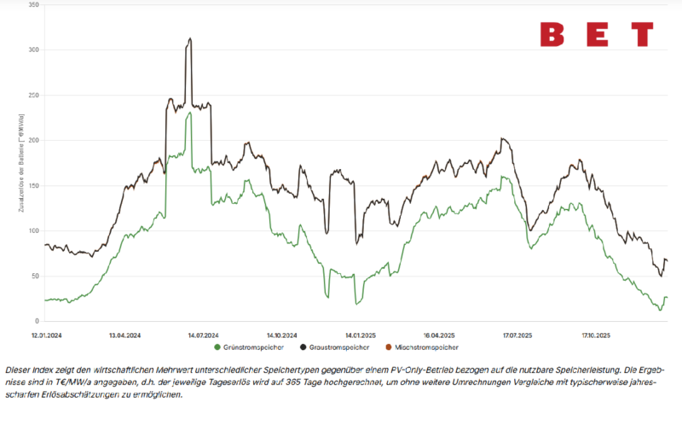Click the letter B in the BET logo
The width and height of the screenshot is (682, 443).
[552, 35]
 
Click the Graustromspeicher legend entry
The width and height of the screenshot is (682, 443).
[337, 347]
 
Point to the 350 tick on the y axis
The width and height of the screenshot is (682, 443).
[33, 5]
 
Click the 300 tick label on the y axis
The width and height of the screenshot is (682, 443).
[33, 50]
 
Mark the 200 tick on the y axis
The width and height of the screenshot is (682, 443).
[33, 140]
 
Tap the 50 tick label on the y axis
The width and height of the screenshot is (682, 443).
[35, 276]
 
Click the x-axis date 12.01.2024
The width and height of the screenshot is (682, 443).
[47, 335]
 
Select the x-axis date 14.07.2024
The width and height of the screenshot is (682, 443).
[204, 335]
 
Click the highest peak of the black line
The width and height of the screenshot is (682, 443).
[189, 38]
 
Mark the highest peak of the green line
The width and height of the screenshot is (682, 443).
[189, 113]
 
